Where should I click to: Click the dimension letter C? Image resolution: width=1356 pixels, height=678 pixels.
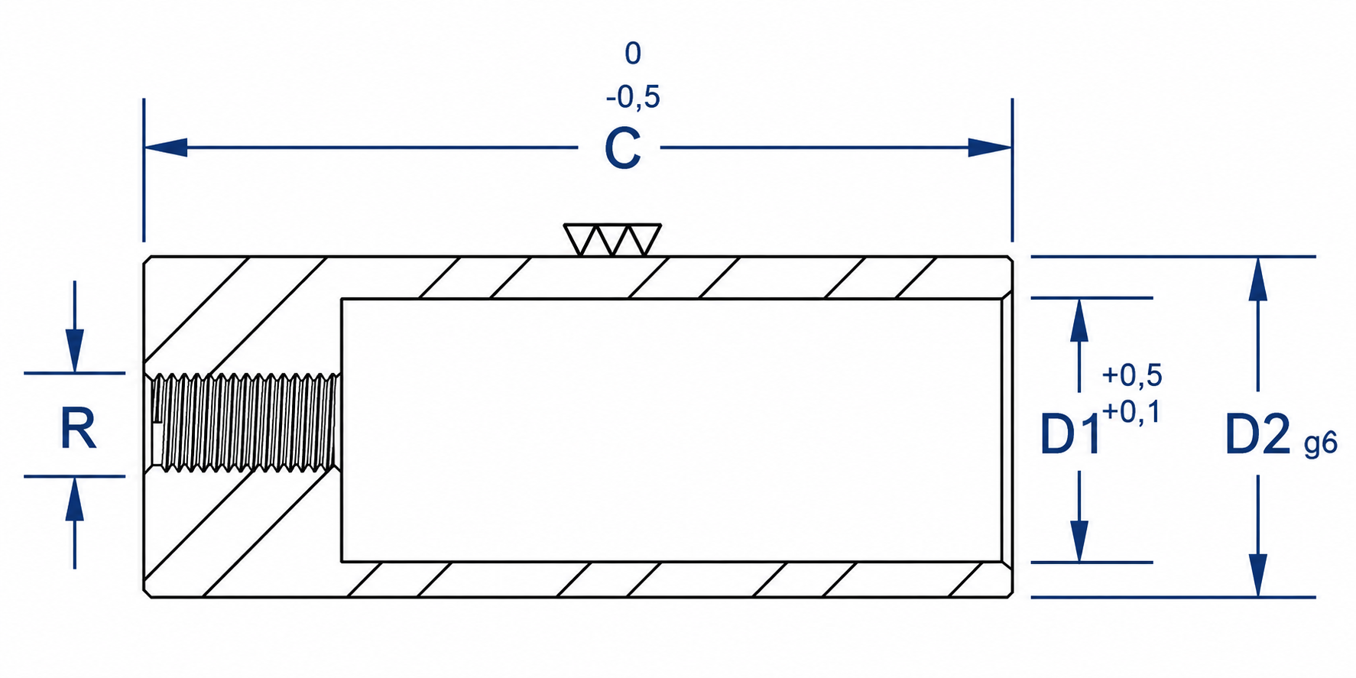click(622, 148)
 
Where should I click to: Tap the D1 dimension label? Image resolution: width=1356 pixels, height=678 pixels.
click(1071, 434)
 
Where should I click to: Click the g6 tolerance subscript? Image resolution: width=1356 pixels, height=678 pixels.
click(1321, 443)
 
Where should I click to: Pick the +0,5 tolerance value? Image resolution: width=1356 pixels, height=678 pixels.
click(1132, 375)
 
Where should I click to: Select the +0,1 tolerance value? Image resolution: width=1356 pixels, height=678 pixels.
click(1131, 413)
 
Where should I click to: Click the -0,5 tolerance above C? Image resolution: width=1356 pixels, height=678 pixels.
click(633, 97)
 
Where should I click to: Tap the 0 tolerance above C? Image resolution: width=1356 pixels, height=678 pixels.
click(633, 54)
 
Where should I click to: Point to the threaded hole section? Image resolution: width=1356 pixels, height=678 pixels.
click(245, 422)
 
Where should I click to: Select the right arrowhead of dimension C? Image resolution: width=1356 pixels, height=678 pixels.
click(990, 148)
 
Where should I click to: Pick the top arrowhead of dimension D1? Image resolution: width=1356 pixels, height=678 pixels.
click(1079, 320)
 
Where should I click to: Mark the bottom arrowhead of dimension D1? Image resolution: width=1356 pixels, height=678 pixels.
click(1079, 540)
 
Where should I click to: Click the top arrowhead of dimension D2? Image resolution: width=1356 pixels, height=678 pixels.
click(1257, 279)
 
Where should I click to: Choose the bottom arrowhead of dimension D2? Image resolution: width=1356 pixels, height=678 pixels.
click(1257, 575)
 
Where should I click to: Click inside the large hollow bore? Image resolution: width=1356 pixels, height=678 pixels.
click(671, 430)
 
